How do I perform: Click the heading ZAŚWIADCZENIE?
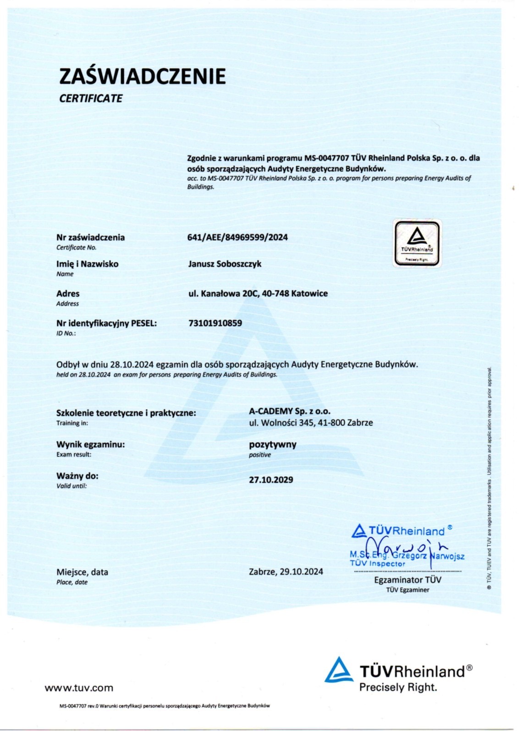(x=142, y=76)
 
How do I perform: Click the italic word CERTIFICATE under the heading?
(x=90, y=98)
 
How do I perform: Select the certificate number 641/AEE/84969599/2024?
(x=237, y=237)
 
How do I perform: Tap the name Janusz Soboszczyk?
(x=225, y=264)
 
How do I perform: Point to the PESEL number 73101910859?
(x=215, y=323)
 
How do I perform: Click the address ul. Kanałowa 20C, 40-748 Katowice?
(x=258, y=294)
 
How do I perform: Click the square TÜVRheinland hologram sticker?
(x=417, y=243)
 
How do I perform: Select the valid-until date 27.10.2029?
(x=271, y=480)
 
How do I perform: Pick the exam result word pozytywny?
(x=272, y=444)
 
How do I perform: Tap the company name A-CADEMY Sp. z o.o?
(x=289, y=411)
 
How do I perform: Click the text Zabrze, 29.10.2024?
(x=286, y=572)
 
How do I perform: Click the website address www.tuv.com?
(x=79, y=687)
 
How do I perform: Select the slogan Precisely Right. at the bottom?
(x=398, y=687)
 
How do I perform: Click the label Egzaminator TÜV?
(x=408, y=580)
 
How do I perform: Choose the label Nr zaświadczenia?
(x=90, y=237)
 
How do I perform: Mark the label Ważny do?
(x=77, y=476)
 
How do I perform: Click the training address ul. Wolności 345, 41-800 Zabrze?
(x=311, y=423)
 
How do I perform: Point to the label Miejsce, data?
(x=82, y=572)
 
